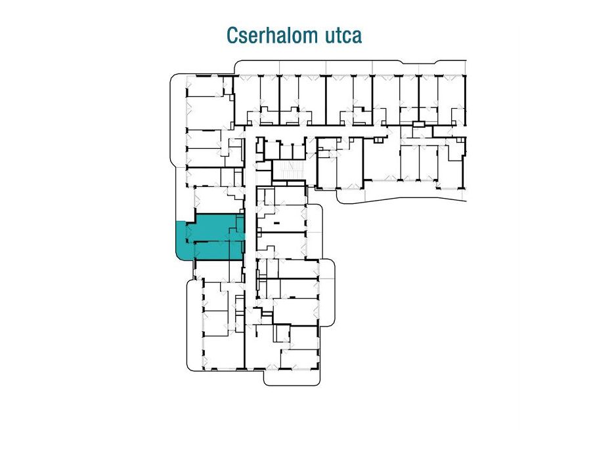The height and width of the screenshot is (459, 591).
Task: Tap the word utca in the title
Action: click(x=341, y=35)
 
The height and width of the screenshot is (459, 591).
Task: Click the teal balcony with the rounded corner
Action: click(x=185, y=241)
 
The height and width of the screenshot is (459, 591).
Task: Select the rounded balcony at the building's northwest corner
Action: click(x=178, y=118)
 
